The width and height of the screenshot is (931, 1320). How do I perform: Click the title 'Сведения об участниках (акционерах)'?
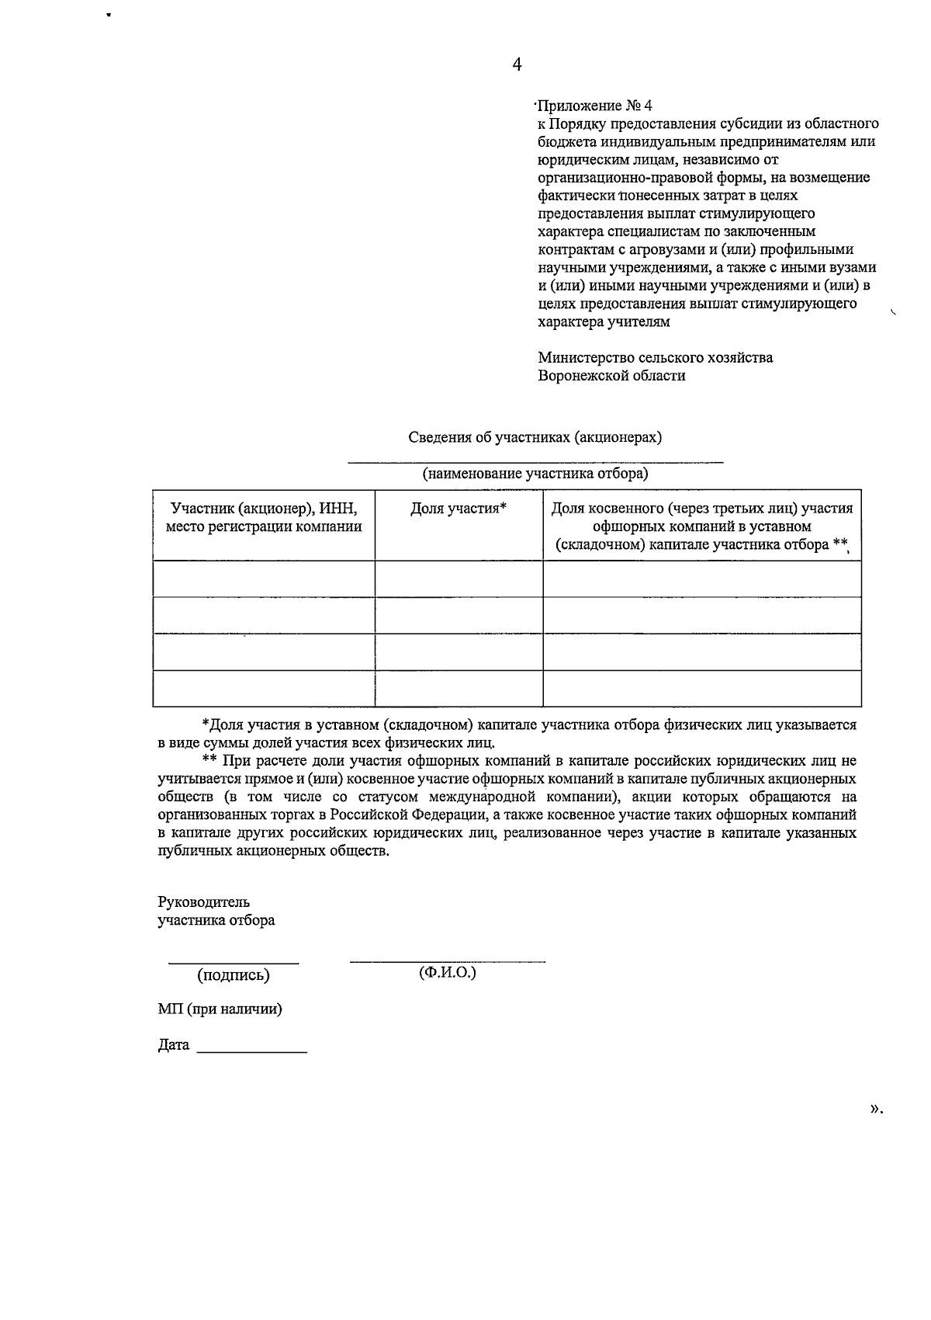[x=535, y=436]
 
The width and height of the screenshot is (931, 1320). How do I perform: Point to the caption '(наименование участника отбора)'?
[x=535, y=473]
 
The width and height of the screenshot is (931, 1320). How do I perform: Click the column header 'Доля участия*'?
[x=459, y=509]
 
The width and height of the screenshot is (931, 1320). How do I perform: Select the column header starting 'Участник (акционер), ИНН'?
[x=264, y=517]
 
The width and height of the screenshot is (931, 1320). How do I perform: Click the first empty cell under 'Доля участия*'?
[x=459, y=578]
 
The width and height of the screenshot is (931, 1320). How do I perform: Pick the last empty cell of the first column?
[x=264, y=688]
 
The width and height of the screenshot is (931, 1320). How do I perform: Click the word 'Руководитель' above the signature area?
[x=203, y=902]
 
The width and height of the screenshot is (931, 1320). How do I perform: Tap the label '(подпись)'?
[x=234, y=974]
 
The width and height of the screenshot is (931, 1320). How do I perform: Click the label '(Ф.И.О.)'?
[x=447, y=972]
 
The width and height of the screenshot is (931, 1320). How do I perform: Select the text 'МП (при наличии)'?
[x=220, y=1009]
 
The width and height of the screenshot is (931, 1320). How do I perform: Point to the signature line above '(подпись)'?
[x=234, y=963]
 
